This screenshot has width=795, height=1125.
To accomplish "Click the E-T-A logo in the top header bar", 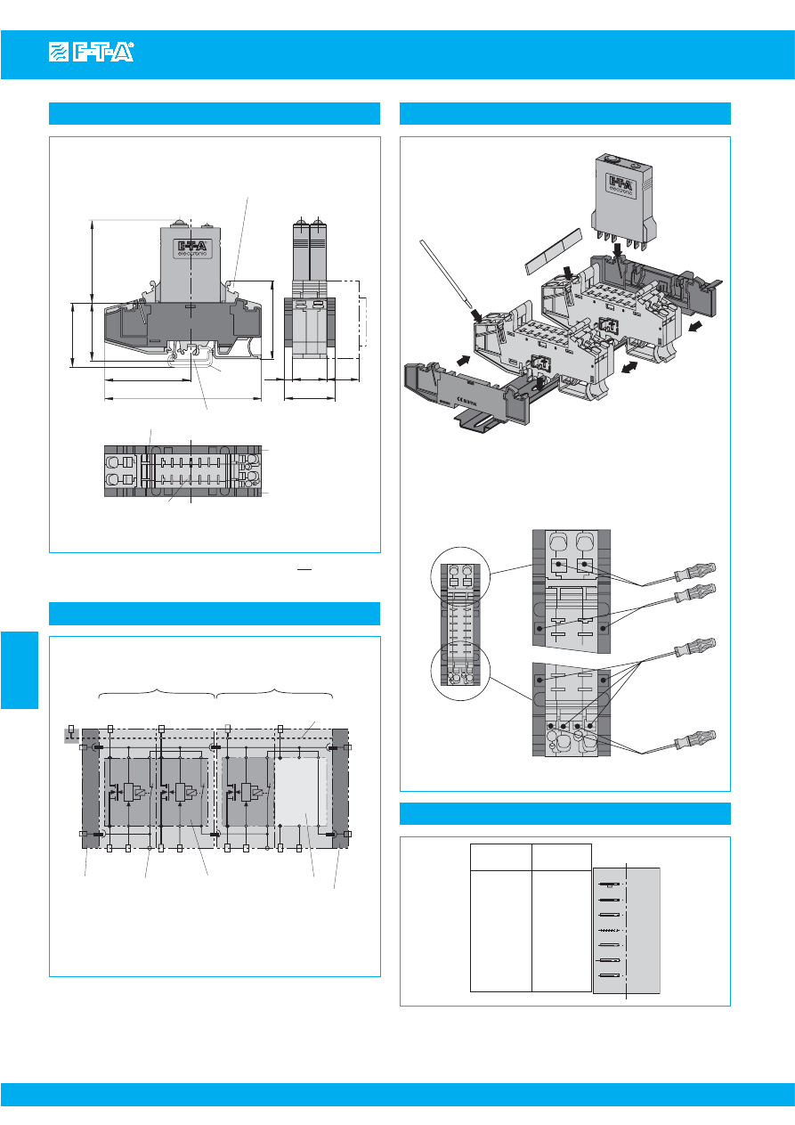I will [x=91, y=53].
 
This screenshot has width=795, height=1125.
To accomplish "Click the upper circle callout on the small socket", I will [x=460, y=579].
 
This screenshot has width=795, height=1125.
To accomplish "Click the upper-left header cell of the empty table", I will [x=500, y=857].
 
